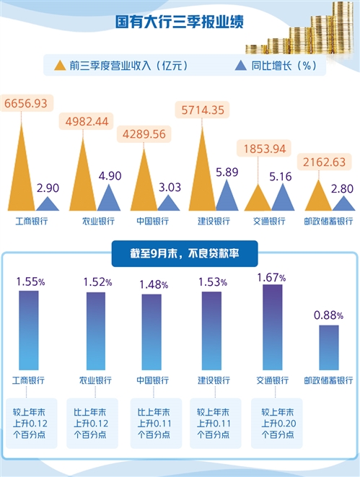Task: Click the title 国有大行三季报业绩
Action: (180, 22)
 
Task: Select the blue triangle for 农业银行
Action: (108, 200)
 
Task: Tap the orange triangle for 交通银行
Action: (258, 199)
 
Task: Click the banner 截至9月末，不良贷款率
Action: (180, 253)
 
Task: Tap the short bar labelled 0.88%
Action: (328, 347)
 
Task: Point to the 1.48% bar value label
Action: (152, 284)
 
